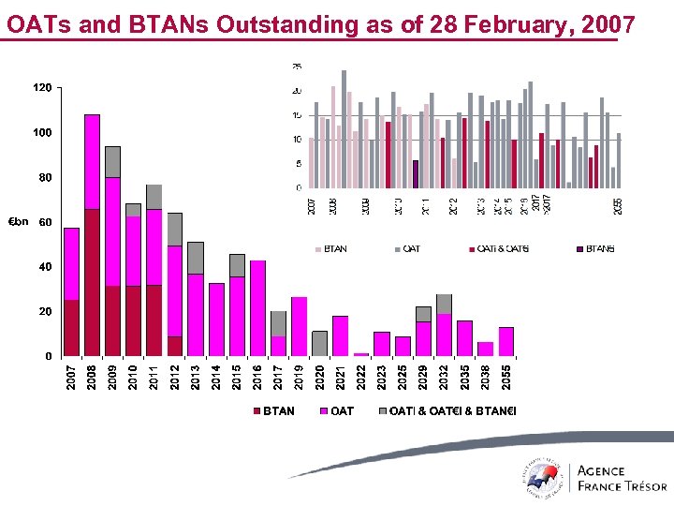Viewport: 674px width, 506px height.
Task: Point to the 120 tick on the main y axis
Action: point(42,88)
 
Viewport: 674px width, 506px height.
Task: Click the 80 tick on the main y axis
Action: point(45,177)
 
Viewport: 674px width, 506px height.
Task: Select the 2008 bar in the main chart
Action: point(93,235)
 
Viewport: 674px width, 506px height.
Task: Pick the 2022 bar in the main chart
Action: point(361,354)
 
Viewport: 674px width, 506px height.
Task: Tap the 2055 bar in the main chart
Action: point(506,341)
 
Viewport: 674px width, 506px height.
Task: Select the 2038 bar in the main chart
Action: point(486,349)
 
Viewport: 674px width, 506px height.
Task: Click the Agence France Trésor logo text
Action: point(622,478)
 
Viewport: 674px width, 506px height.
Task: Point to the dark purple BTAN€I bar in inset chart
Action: point(415,174)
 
